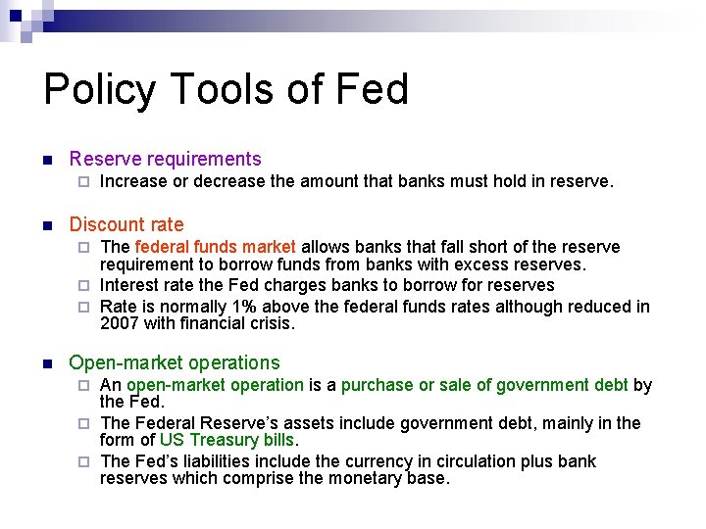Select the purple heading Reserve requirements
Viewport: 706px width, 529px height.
165,159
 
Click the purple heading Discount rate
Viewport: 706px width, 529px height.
126,224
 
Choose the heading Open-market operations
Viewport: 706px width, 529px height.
175,362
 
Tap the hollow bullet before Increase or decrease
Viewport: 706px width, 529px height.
84,182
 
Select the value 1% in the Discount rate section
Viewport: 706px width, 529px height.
264,307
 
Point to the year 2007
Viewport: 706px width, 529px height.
120,323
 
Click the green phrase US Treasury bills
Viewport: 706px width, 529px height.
227,441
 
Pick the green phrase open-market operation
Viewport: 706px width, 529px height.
215,385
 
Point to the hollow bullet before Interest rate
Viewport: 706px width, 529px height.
84,286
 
